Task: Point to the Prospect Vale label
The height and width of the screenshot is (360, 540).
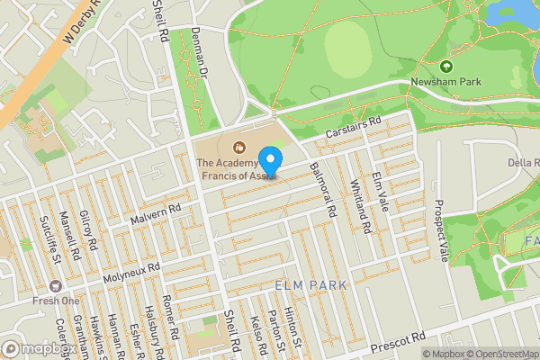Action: tap(440, 229)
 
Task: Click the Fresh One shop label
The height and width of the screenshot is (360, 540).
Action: tap(57, 301)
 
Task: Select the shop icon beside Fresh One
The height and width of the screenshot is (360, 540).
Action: tap(57, 284)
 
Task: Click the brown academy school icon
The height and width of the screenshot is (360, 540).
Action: tap(238, 147)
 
